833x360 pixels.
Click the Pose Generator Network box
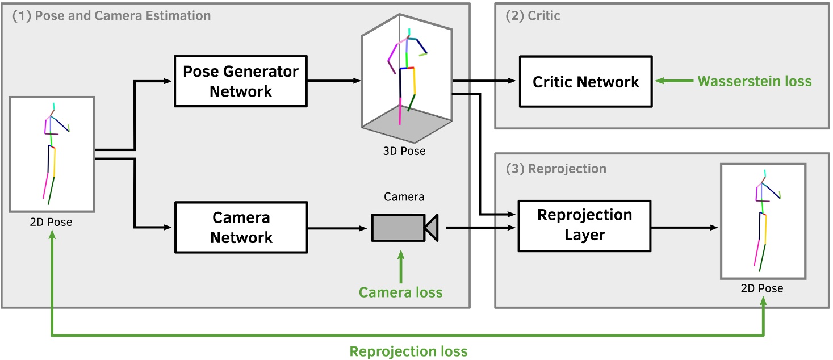240,81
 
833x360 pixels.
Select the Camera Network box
240,228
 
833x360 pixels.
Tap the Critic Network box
585,82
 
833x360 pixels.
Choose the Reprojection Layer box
584,225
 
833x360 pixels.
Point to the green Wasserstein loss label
754,81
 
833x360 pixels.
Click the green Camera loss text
400,292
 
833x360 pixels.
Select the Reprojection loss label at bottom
408,351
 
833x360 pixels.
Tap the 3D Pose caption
404,151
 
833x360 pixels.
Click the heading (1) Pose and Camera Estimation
112,15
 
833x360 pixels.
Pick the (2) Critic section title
533,16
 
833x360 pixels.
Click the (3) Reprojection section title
555,169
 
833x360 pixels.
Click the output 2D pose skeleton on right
763,221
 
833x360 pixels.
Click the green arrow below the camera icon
401,267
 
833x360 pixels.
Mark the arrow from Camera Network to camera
338,228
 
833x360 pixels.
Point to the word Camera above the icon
404,197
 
